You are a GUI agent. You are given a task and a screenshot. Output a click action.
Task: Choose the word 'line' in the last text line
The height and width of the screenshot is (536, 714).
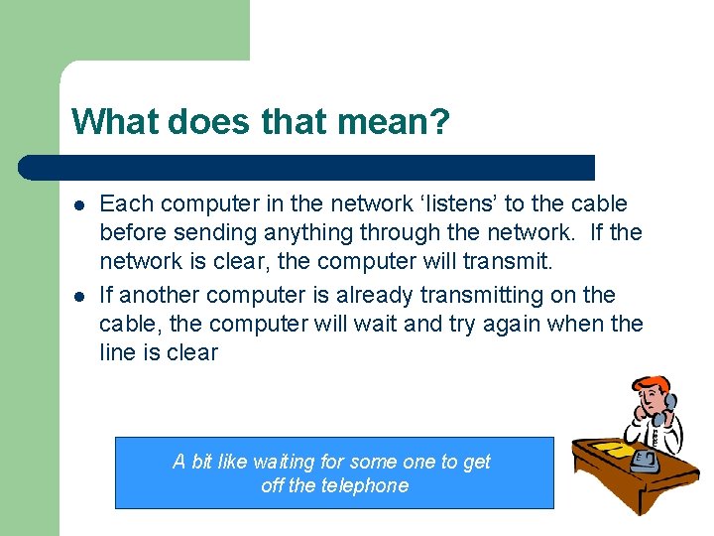point(118,353)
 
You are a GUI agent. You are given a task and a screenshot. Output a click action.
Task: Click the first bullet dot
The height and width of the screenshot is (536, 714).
point(77,204)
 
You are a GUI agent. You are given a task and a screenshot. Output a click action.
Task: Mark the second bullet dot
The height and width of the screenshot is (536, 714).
point(77,296)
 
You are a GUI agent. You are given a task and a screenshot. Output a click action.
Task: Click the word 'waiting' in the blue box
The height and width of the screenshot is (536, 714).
point(286,462)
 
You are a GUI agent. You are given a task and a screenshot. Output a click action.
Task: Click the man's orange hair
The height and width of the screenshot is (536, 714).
point(651,384)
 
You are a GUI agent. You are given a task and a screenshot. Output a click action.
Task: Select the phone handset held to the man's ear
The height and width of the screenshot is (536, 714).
point(670,407)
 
